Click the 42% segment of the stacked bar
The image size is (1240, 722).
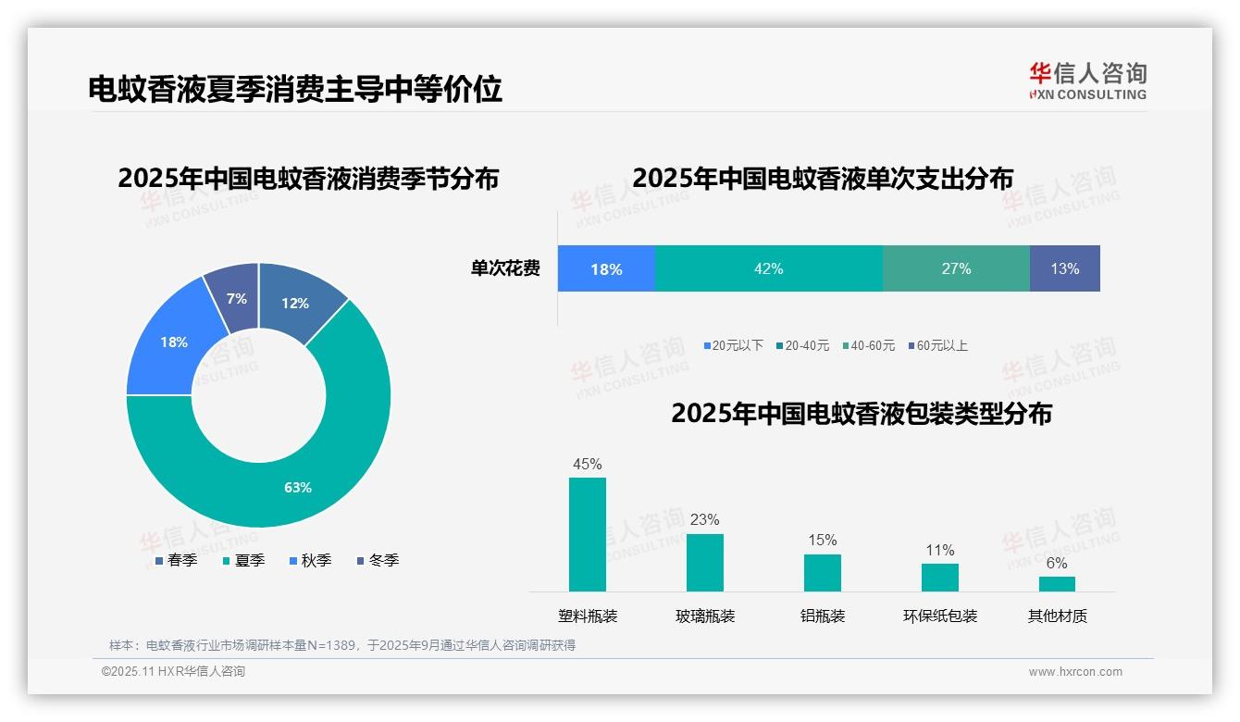(x=768, y=268)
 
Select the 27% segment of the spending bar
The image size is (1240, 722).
(x=956, y=268)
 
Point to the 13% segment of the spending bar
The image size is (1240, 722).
(x=1064, y=268)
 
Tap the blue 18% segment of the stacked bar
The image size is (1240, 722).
(x=606, y=269)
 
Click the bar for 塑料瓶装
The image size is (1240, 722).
(x=588, y=534)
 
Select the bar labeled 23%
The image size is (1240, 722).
(x=704, y=562)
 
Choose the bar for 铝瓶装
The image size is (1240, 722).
(x=822, y=572)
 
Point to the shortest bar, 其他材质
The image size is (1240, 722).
(x=1057, y=583)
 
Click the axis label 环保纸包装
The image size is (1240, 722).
(x=940, y=616)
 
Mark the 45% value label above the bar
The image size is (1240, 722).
(x=588, y=464)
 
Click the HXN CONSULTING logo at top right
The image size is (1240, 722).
(x=1087, y=81)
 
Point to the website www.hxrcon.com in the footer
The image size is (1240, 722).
(x=1075, y=671)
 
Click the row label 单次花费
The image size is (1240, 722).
(x=505, y=269)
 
